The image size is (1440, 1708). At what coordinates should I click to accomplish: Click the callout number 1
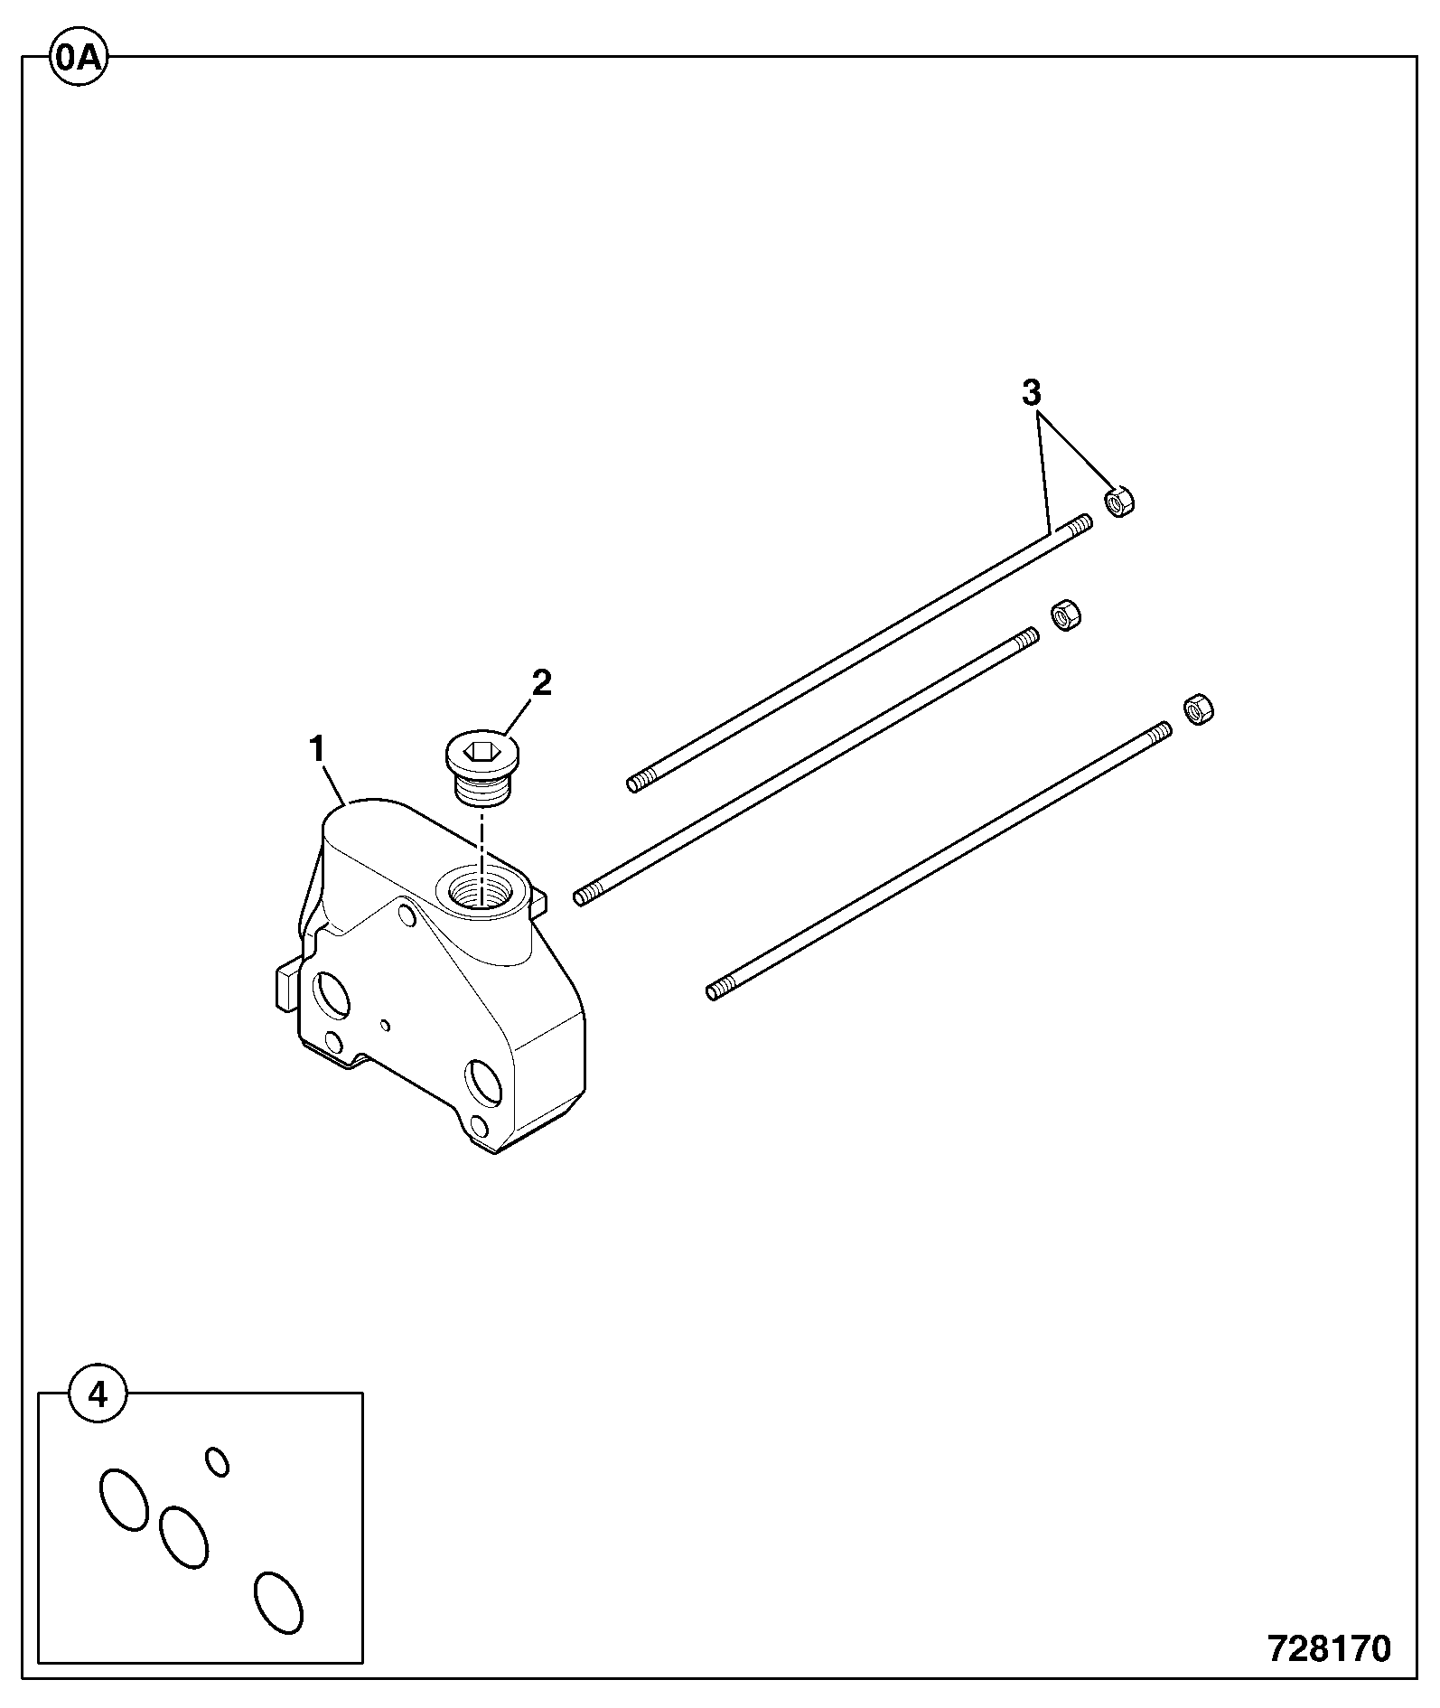tap(316, 749)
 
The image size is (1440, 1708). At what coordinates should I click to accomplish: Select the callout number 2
tap(541, 683)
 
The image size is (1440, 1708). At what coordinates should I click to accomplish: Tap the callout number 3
tap(1032, 394)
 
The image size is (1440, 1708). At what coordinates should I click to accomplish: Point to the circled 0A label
tap(79, 58)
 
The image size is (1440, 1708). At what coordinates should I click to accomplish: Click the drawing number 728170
tap(1330, 1649)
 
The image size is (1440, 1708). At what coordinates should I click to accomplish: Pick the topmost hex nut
tap(1120, 502)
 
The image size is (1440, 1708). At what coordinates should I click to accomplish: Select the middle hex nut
tap(1066, 615)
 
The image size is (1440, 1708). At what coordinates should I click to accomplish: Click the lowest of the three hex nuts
tap(1198, 709)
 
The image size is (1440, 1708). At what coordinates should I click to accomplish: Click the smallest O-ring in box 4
tap(217, 1461)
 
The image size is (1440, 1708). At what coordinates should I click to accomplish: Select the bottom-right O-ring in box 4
tap(278, 1603)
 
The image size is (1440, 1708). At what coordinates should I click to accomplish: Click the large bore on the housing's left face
tap(330, 993)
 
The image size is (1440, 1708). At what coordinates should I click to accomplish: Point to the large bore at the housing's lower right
tap(483, 1082)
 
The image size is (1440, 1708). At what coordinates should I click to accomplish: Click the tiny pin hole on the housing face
tap(386, 1024)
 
